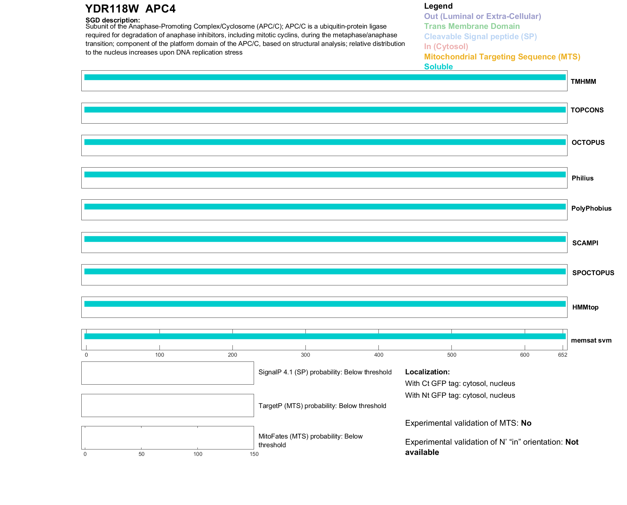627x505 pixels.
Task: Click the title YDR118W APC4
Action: pyautogui.click(x=130, y=9)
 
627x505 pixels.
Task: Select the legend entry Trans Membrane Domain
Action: pyautogui.click(x=472, y=26)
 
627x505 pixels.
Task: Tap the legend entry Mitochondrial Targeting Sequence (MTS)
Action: pyautogui.click(x=502, y=57)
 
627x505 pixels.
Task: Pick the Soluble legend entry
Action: pyautogui.click(x=438, y=67)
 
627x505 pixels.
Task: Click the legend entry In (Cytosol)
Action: pyautogui.click(x=446, y=47)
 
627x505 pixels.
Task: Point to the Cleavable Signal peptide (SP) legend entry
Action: pyautogui.click(x=480, y=37)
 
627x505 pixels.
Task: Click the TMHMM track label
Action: pyautogui.click(x=583, y=82)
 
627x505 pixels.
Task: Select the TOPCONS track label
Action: pyautogui.click(x=587, y=110)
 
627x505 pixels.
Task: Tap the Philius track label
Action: pyautogui.click(x=582, y=178)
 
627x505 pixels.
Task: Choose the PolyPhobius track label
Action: pyautogui.click(x=591, y=208)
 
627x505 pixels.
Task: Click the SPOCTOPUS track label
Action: pyautogui.click(x=593, y=273)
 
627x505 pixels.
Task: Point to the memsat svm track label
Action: pyautogui.click(x=591, y=340)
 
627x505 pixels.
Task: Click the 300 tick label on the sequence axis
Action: pyautogui.click(x=305, y=355)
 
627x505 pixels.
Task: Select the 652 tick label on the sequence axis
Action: pyautogui.click(x=562, y=355)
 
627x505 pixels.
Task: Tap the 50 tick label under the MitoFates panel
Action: pyautogui.click(x=141, y=454)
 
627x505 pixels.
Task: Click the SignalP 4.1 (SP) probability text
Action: pyautogui.click(x=325, y=372)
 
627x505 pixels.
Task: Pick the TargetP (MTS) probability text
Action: pyautogui.click(x=322, y=406)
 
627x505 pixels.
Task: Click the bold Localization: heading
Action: pyautogui.click(x=427, y=372)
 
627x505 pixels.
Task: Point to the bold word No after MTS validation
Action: pyautogui.click(x=526, y=423)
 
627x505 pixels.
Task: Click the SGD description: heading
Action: pyautogui.click(x=113, y=20)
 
